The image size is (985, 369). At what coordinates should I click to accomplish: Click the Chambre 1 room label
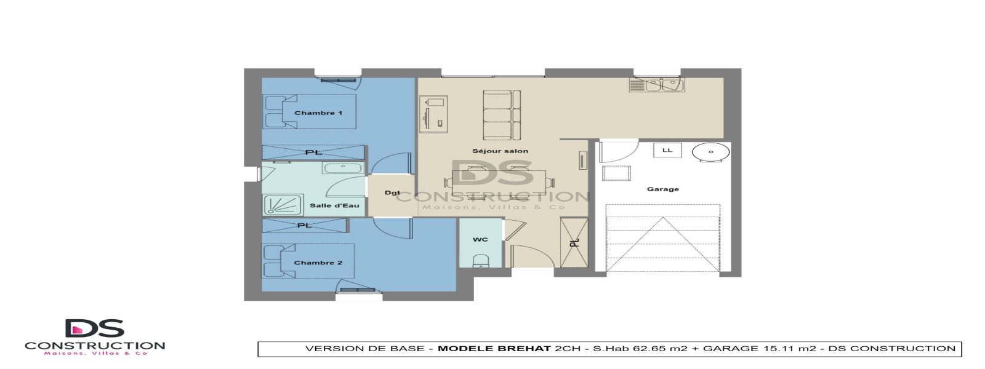(x=318, y=113)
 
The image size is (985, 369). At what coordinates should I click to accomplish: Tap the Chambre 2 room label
(x=318, y=263)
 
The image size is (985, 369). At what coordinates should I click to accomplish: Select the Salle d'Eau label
(x=334, y=205)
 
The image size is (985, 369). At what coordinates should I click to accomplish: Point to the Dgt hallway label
(x=392, y=193)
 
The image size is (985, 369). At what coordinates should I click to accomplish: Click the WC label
(x=480, y=239)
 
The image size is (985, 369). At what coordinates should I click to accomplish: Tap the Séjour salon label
(x=500, y=151)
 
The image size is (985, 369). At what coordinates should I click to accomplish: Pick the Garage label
(x=663, y=189)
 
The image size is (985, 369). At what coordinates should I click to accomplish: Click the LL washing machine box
(x=667, y=150)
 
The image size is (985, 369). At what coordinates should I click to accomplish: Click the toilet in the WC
(x=480, y=261)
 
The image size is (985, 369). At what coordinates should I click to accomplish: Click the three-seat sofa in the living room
(x=502, y=114)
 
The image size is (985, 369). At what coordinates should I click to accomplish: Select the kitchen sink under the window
(x=657, y=85)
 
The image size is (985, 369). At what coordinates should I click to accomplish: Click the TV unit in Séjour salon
(x=433, y=114)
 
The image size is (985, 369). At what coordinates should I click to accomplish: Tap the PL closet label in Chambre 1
(x=313, y=152)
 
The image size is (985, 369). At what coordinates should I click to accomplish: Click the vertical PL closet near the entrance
(x=574, y=242)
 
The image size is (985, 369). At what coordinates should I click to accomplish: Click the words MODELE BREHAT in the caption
(x=494, y=349)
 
